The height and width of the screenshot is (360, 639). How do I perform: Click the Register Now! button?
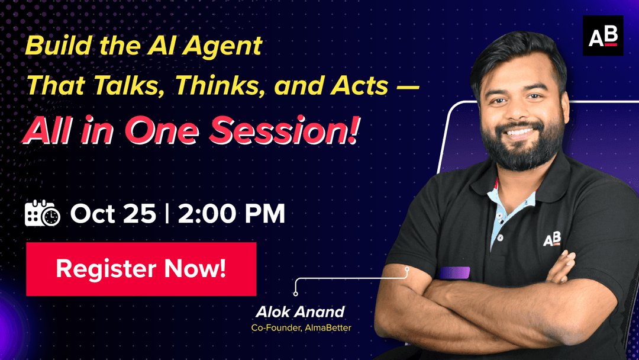141,269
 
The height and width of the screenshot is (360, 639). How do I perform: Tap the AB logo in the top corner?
602,36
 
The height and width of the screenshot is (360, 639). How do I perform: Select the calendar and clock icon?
43,213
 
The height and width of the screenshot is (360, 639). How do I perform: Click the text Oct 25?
113,214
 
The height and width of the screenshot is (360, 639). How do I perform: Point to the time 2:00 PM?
231,214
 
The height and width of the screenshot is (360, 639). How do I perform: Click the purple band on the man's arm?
454,272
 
